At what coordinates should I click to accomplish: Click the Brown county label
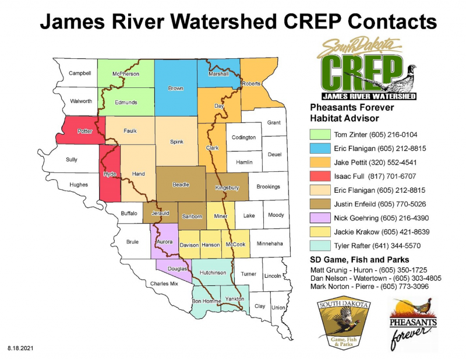click(175, 89)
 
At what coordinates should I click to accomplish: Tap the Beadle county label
click(181, 185)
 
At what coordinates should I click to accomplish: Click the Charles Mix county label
click(164, 284)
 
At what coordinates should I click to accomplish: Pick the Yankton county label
click(234, 299)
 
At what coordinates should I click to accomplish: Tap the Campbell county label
click(80, 73)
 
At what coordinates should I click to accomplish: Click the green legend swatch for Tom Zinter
click(318, 135)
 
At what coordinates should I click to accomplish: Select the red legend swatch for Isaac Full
click(318, 175)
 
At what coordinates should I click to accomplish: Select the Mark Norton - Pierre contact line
click(368, 287)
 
